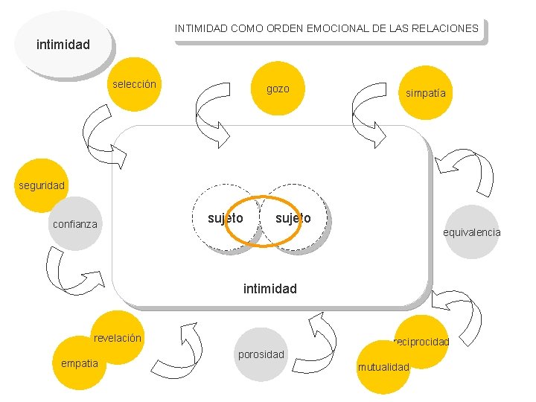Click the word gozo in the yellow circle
(278, 89)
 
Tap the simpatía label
(426, 93)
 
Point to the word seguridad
(41, 185)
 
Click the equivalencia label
(472, 232)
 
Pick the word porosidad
(261, 354)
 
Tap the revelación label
(118, 338)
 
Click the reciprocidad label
(422, 342)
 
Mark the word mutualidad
(383, 367)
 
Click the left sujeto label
(226, 218)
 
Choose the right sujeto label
(293, 218)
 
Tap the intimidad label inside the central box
(269, 288)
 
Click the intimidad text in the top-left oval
(63, 45)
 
